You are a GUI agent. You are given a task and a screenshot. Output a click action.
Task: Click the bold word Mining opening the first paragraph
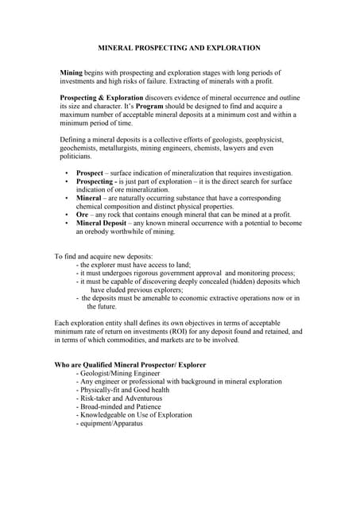click(72, 72)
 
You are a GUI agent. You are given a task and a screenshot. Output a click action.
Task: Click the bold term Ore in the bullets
click(83, 215)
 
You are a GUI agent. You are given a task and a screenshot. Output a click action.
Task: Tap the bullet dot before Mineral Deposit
click(66, 223)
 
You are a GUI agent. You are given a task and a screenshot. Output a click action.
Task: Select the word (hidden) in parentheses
click(251, 282)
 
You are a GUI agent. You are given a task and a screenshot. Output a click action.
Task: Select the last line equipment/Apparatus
click(112, 424)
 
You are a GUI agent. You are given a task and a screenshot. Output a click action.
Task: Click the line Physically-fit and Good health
click(124, 390)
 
